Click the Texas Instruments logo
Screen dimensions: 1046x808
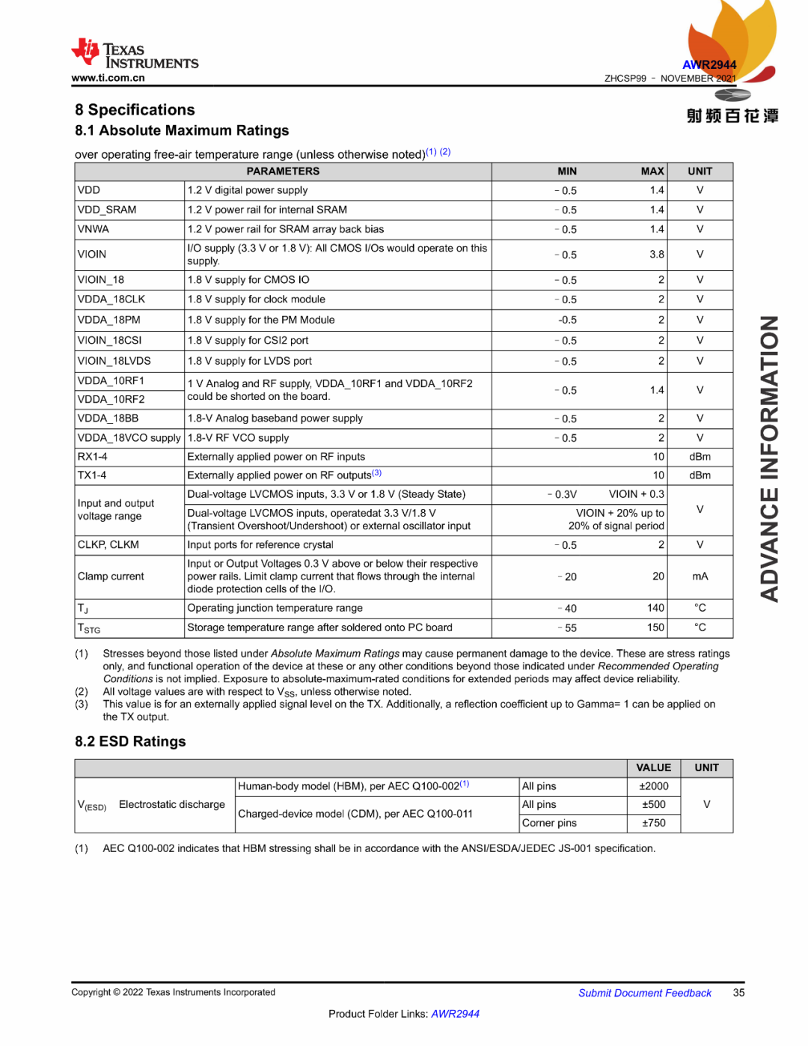(x=135, y=55)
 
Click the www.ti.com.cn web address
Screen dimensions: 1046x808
(x=108, y=78)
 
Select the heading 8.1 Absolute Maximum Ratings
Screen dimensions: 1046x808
(x=182, y=130)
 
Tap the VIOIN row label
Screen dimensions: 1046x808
(x=92, y=255)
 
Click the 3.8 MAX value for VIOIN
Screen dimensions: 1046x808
(x=656, y=255)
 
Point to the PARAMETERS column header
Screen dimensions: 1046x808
(x=283, y=171)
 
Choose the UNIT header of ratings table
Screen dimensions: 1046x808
(x=700, y=171)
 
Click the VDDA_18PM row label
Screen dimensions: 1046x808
(x=109, y=320)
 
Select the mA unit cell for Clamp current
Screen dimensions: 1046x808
(x=700, y=577)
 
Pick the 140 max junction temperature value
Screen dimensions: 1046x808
(x=655, y=608)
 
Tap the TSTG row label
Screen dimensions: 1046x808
(x=89, y=628)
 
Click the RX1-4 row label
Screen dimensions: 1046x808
(x=93, y=457)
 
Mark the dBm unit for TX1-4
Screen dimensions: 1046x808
(x=700, y=475)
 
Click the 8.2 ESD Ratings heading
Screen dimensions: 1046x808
(x=130, y=741)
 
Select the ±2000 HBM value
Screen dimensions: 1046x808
(x=653, y=786)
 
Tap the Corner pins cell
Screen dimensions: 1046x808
(x=549, y=823)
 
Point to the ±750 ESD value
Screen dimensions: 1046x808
(x=653, y=823)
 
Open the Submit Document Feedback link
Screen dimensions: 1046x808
(x=644, y=993)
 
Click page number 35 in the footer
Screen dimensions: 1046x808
(x=738, y=993)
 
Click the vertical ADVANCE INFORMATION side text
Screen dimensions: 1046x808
(x=770, y=458)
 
